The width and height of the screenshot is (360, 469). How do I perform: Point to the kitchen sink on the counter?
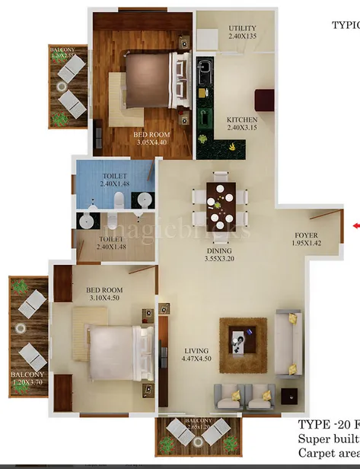(205, 75)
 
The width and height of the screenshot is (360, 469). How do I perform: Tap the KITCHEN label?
(242, 120)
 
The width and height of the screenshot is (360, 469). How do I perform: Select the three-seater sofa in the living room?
(289, 343)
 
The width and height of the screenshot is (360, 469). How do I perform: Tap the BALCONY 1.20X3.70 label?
(27, 379)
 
